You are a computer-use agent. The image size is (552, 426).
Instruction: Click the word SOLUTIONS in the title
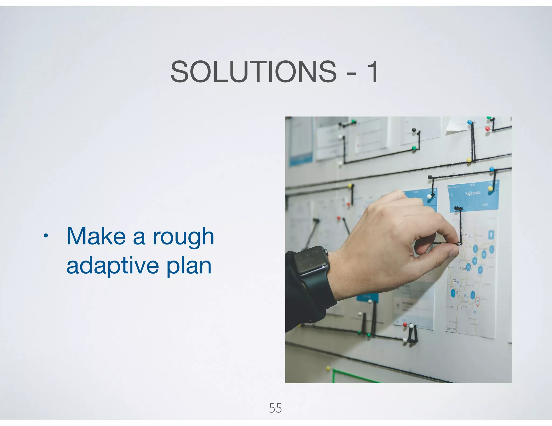253,72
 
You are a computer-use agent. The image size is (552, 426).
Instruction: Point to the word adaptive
113,266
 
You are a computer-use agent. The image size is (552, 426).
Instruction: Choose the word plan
189,266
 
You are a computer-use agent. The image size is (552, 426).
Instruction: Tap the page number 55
275,408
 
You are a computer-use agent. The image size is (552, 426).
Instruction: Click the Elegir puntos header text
472,193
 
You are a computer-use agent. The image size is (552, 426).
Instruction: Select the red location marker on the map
477,301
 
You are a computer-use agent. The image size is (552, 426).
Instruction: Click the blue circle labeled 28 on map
468,267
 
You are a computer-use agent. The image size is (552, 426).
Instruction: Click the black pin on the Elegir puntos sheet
457,208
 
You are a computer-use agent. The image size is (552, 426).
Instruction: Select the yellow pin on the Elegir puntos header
490,188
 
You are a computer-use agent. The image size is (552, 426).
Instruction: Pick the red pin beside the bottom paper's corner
405,325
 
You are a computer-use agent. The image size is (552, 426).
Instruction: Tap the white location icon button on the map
491,235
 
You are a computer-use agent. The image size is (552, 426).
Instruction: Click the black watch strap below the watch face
318,289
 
